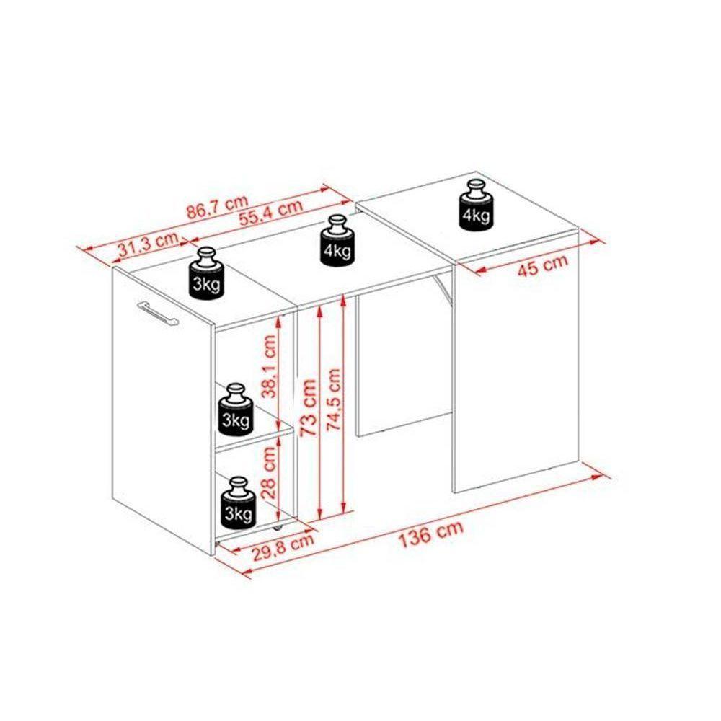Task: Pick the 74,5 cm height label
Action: tap(334, 399)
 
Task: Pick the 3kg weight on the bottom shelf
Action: tap(238, 502)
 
